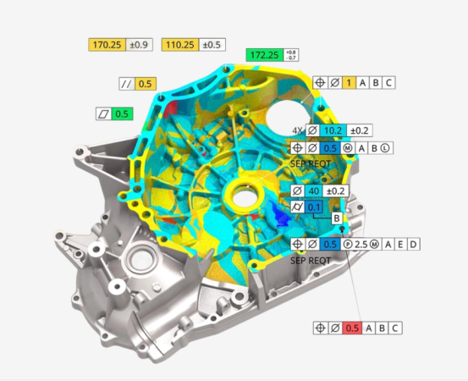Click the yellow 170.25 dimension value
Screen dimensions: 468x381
tap(107, 45)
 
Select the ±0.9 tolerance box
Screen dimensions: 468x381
tap(139, 45)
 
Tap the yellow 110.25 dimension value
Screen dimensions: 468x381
tap(180, 45)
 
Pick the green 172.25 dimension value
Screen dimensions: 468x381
tap(264, 55)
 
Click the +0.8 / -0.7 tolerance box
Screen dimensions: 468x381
tap(291, 55)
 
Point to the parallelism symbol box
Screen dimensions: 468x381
tap(127, 84)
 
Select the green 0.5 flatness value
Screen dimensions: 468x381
tap(122, 113)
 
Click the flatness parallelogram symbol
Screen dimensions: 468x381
tap(103, 113)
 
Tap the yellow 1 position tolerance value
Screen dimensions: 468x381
tap(349, 82)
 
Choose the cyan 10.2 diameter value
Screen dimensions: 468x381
tap(333, 130)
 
